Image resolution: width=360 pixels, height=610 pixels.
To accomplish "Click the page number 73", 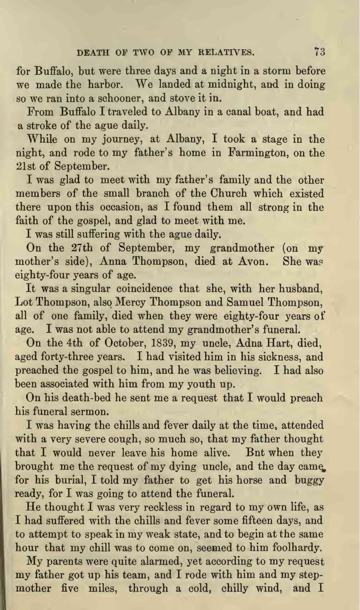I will [x=320, y=52].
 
